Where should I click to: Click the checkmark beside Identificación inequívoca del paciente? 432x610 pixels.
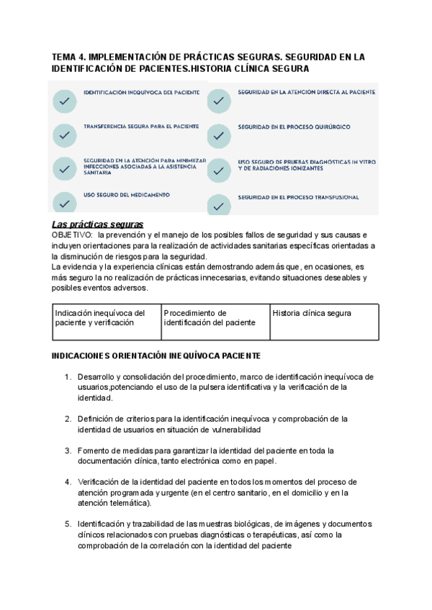pos(65,102)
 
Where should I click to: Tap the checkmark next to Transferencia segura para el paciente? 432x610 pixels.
pos(65,135)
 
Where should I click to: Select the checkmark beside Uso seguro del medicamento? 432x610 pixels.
pos(65,202)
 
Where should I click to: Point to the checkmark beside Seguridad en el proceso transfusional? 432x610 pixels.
pos(220,205)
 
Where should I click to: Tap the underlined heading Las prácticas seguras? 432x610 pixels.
pos(98,224)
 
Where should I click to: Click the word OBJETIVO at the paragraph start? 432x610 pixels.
pos(72,235)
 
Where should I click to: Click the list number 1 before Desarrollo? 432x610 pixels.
pos(68,376)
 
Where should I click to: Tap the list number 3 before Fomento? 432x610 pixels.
pos(68,450)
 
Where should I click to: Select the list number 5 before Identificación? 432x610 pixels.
pos(68,524)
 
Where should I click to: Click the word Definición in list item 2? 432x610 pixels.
pos(97,419)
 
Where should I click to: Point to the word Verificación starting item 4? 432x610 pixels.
pos(100,482)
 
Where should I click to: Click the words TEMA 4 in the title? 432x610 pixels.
pos(71,56)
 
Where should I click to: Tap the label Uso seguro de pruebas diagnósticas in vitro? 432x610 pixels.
pos(307,165)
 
